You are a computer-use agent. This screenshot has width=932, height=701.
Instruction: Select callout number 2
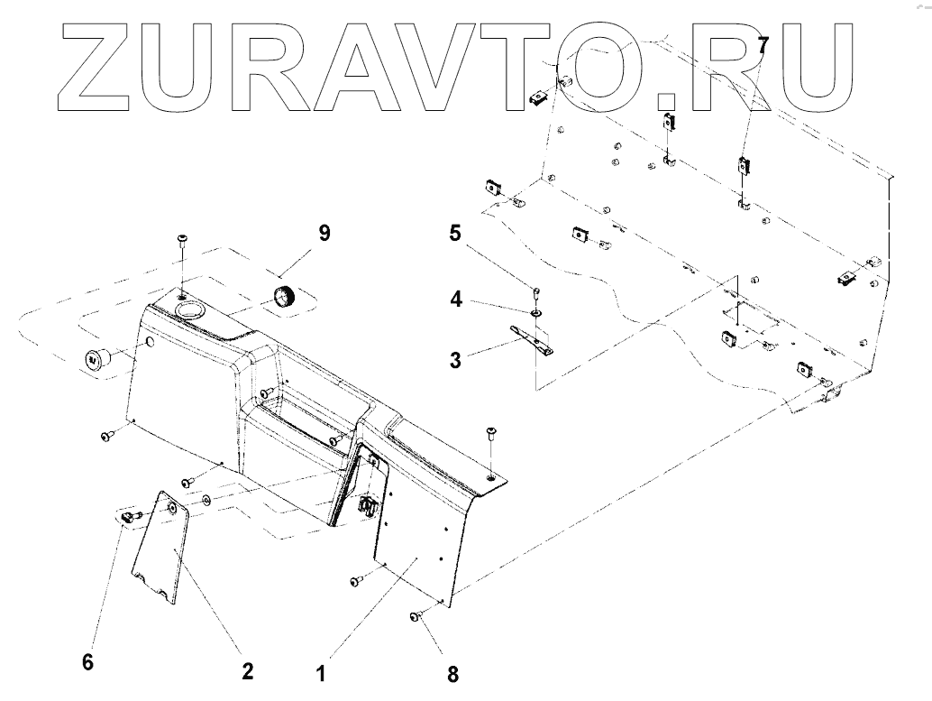tap(247, 671)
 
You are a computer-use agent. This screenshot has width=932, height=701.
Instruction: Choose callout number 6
tap(87, 661)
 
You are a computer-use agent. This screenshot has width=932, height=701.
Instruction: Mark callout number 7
tap(763, 43)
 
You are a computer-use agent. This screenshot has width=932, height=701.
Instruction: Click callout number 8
tap(452, 672)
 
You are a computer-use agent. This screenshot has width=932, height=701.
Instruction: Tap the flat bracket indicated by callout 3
tap(535, 337)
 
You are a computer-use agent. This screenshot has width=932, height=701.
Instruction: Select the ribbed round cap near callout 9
tap(286, 295)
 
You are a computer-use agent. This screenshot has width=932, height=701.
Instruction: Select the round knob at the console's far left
tap(94, 358)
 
